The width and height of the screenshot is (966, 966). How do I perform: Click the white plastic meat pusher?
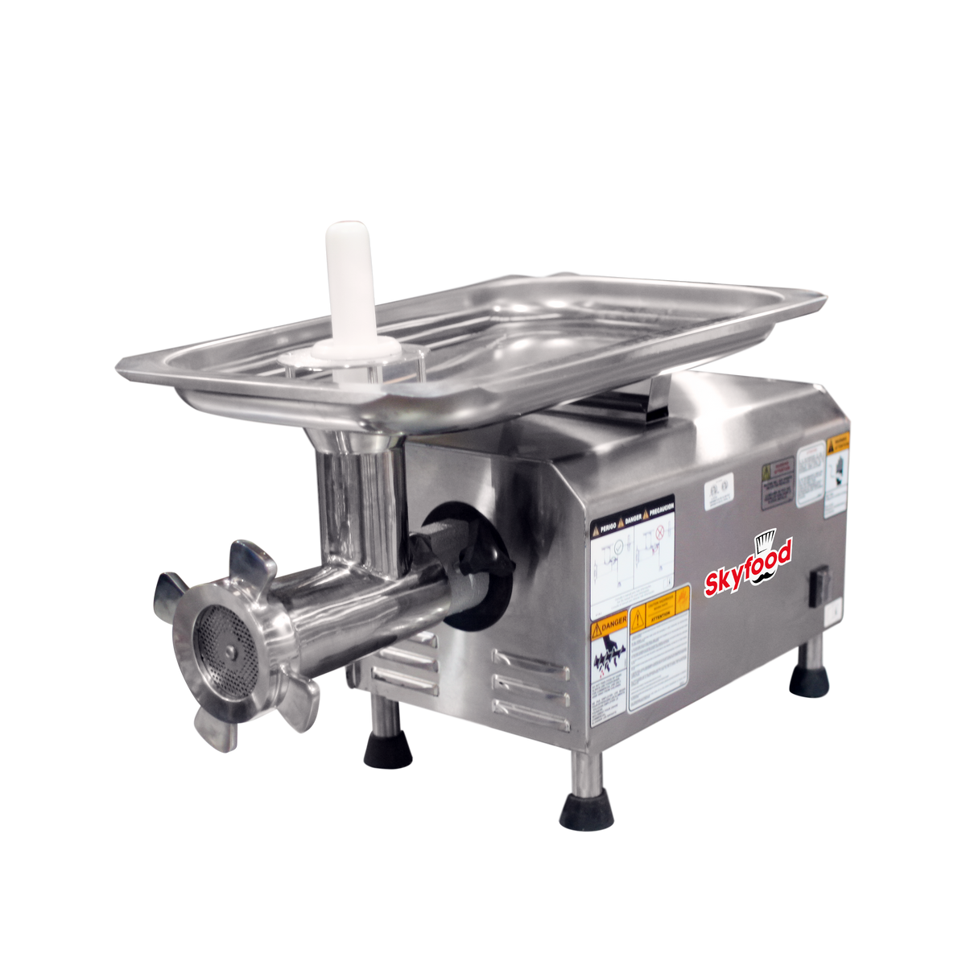[x=349, y=282]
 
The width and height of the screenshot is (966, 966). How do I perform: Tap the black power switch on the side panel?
[x=819, y=584]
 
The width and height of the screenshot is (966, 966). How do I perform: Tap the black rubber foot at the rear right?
[x=808, y=681]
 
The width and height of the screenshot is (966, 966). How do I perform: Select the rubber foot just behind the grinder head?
[x=387, y=749]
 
